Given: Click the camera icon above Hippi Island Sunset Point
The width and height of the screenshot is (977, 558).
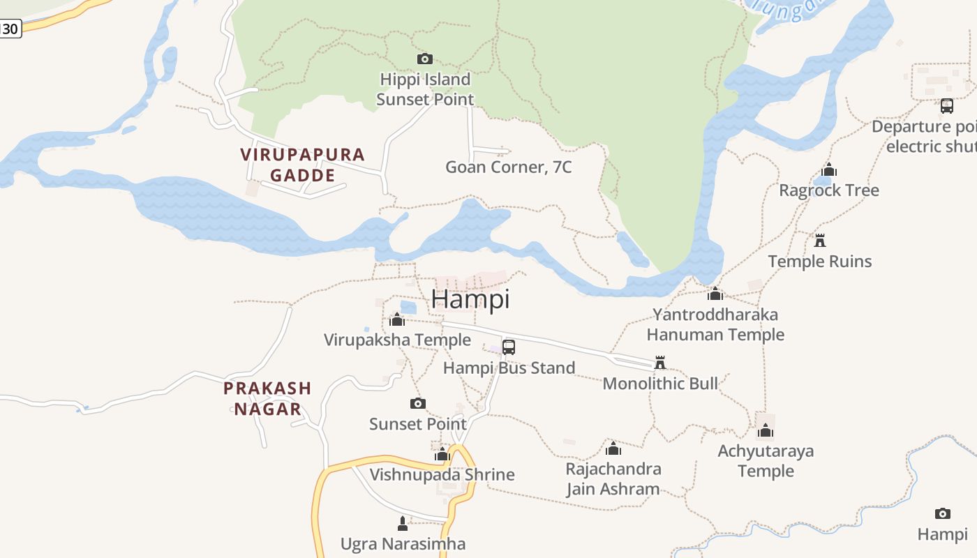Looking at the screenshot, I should [x=424, y=59].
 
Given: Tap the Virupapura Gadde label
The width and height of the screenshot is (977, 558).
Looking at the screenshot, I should [x=303, y=165].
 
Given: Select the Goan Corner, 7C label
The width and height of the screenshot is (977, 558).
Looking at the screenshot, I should [x=508, y=167].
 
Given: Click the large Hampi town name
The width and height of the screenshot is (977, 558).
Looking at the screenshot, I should [x=470, y=299].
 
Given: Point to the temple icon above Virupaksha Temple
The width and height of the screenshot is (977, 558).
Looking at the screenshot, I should [x=397, y=319].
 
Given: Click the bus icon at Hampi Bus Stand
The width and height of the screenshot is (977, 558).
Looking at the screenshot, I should [x=509, y=347].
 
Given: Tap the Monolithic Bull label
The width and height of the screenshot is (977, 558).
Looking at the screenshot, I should [x=659, y=383].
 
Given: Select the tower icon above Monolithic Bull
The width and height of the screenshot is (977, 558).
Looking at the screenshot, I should [x=659, y=362].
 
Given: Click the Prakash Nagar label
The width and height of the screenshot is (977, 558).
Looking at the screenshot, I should [x=267, y=398].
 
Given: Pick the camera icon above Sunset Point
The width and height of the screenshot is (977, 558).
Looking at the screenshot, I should [x=417, y=403].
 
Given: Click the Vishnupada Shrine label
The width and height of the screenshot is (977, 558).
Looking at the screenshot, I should [x=442, y=475].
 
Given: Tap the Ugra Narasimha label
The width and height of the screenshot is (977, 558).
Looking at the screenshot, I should [x=403, y=543].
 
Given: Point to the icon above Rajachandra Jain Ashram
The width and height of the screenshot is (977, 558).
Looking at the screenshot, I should [x=613, y=448].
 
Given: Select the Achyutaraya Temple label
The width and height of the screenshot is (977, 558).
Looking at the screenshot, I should [x=766, y=460].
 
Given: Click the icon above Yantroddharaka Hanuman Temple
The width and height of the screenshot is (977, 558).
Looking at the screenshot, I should [x=715, y=294].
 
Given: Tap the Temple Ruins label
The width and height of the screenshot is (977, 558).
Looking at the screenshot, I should [x=819, y=262].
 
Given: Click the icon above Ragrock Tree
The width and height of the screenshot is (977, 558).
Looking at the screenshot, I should [x=829, y=169].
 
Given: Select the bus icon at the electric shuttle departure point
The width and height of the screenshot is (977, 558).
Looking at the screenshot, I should [x=946, y=106].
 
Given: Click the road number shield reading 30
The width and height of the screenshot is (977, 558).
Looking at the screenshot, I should [x=10, y=29].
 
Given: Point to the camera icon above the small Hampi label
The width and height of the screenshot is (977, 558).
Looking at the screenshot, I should [x=942, y=513].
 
